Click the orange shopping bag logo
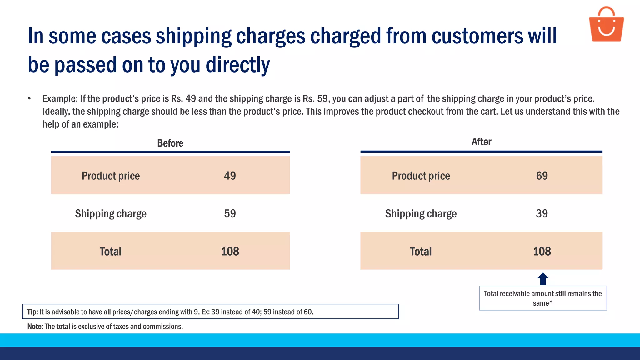point(606,25)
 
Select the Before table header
point(170,143)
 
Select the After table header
point(481,142)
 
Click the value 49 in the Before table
point(230,176)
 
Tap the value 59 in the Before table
point(230,214)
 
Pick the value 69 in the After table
point(542,176)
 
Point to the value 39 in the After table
point(542,214)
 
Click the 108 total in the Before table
point(230,252)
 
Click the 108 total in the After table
point(542,252)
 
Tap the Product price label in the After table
point(421,176)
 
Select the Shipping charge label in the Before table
point(111,214)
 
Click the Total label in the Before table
point(110,252)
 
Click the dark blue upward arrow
point(543,279)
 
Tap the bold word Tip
point(32,312)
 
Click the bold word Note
point(34,327)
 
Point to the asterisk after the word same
point(551,302)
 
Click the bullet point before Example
point(29,99)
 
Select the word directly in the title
point(237,65)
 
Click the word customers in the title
point(477,36)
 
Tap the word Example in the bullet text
point(60,99)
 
